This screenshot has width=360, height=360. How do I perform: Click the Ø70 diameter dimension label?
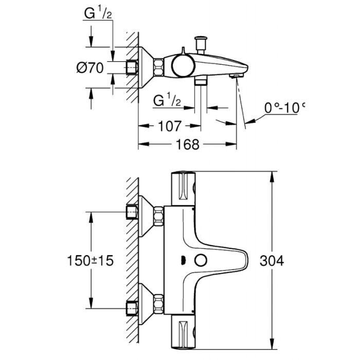pyautogui.click(x=90, y=67)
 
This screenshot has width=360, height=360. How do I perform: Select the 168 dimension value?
pyautogui.click(x=187, y=145)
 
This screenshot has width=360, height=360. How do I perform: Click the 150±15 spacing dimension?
pyautogui.click(x=90, y=260)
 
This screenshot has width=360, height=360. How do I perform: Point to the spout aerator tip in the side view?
pyautogui.click(x=236, y=76)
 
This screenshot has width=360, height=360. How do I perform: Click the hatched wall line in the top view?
pyautogui.click(x=132, y=67)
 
